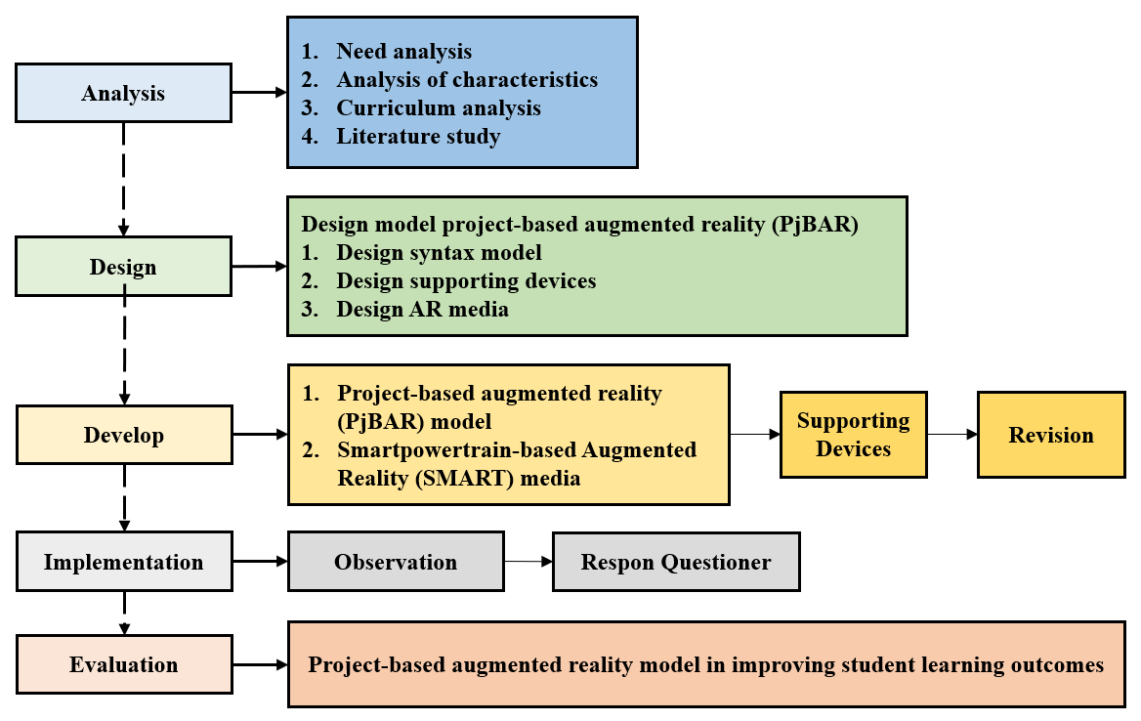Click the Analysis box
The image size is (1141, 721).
[x=124, y=93]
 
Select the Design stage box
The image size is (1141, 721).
[x=124, y=267]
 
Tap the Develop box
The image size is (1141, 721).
[x=124, y=435]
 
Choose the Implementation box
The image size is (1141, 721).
[x=124, y=561]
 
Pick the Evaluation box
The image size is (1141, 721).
[x=124, y=664]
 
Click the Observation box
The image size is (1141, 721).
[x=396, y=562]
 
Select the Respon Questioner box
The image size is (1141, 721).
[x=676, y=562]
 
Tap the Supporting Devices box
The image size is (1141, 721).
[x=854, y=435]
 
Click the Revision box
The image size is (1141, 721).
[x=1051, y=435]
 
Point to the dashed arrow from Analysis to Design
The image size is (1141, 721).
[x=124, y=179]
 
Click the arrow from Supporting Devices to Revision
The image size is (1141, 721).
[x=952, y=435]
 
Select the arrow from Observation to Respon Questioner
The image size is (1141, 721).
[x=528, y=562]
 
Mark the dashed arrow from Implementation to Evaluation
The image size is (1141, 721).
[x=124, y=613]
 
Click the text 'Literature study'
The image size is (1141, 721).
[x=418, y=136]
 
